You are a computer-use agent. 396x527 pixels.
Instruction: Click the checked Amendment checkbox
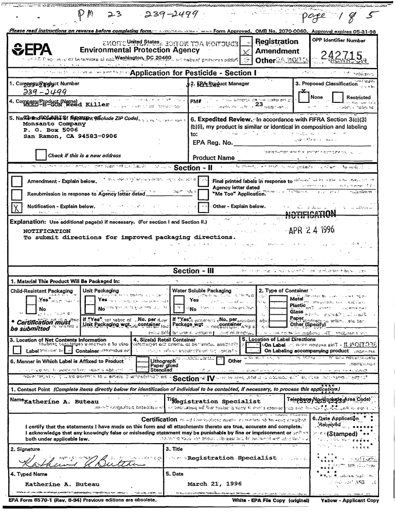click(247, 52)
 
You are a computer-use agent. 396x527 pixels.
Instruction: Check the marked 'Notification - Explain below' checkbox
click(17, 207)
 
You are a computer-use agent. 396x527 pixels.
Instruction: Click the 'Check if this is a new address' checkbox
click(40, 155)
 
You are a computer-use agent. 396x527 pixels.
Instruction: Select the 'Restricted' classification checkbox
click(337, 98)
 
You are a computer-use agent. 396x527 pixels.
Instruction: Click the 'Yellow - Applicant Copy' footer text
click(349, 500)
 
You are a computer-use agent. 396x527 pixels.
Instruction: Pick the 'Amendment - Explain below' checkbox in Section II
click(17, 181)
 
